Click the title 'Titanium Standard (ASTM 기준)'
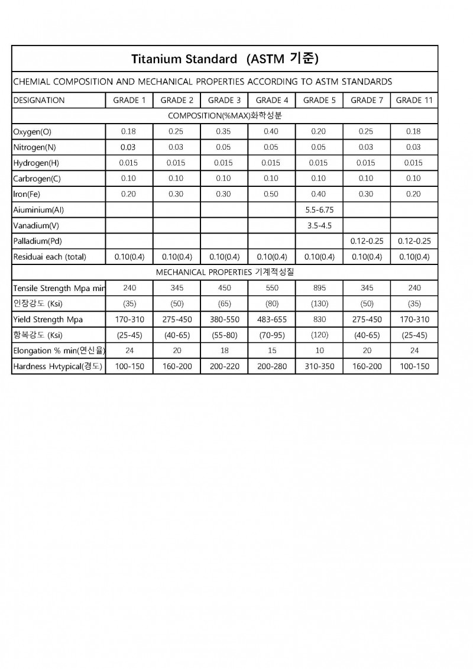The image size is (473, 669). coord(225,59)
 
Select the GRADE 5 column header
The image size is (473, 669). coord(319,100)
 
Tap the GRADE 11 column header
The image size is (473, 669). coord(414,100)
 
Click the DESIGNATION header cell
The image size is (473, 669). coord(39,100)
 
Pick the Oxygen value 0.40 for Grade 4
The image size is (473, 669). coord(272,131)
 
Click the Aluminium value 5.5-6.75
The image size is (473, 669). coord(319,210)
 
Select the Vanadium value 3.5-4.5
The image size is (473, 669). coord(319,225)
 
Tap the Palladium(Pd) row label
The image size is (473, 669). coord(37,241)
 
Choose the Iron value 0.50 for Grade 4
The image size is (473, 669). coord(272,194)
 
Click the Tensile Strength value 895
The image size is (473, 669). coord(319,288)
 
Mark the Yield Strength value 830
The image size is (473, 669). coord(319,319)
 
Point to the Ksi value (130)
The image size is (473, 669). coord(319,304)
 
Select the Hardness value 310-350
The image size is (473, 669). coord(319,367)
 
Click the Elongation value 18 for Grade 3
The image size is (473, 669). coord(225,351)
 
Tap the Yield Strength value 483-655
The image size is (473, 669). coord(272,319)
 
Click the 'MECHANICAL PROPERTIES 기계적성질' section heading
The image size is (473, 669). coord(225,272)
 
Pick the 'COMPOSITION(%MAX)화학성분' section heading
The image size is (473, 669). coord(225,115)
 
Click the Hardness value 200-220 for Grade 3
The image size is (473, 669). coord(225,367)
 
